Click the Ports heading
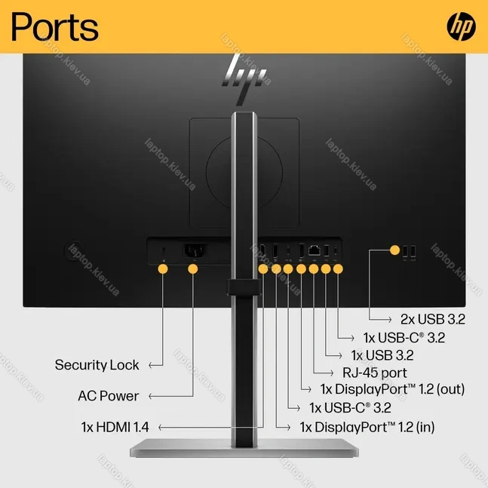point(55,26)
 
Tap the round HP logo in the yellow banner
point(461,26)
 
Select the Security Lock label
point(97,365)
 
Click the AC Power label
point(109,396)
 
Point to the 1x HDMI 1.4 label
point(115,427)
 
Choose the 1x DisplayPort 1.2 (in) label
point(367,428)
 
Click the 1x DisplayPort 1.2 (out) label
point(392,389)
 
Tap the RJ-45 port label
point(374,373)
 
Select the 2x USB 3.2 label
point(433,319)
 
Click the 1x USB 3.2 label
point(382,355)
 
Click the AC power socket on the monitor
point(195,250)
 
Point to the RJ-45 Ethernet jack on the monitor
point(314,250)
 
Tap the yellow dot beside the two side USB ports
point(394,250)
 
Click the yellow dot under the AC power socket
point(193,269)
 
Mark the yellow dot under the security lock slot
point(163,269)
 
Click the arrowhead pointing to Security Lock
point(151,365)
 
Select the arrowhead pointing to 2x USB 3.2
point(389,319)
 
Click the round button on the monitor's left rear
point(74,250)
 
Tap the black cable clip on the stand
point(244,287)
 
